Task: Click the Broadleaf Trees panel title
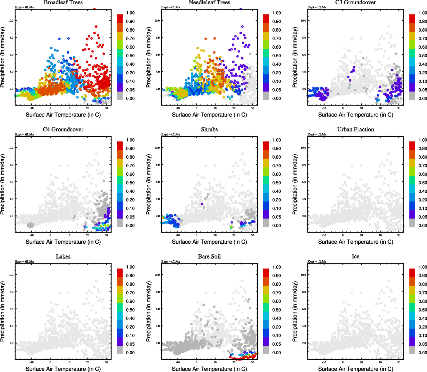pos(63,2)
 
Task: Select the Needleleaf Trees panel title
pos(209,2)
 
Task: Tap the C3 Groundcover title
pos(356,2)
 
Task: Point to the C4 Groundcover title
pos(63,130)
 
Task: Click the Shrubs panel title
pos(209,130)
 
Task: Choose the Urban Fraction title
pos(356,130)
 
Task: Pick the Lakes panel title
pos(63,257)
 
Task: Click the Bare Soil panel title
pos(209,257)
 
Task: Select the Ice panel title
pos(356,257)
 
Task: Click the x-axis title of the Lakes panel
pos(63,369)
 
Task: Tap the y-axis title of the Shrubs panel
pos(149,184)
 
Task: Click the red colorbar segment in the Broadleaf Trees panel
pos(120,18)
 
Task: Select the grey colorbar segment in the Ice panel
pos(412,350)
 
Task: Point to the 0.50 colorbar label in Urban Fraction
pos(423,183)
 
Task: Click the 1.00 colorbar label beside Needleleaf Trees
pos(277,13)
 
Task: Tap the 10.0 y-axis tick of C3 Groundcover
pos(304,21)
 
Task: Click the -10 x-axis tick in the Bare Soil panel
pos(178,362)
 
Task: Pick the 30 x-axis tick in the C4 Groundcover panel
pos(106,235)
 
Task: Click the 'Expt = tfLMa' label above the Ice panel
pos(317,262)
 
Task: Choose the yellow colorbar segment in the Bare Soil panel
pos(266,290)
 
